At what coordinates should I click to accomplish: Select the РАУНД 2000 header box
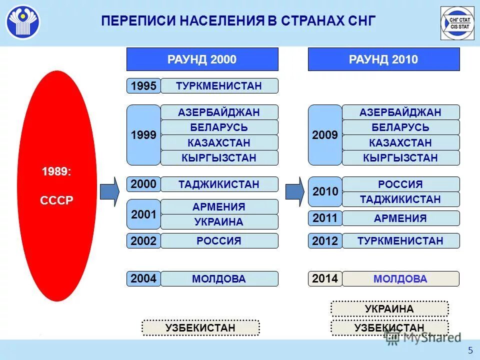202,59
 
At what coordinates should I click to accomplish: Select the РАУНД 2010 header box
383,59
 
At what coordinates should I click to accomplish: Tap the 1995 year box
143,86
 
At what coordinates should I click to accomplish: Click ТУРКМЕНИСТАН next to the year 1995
219,86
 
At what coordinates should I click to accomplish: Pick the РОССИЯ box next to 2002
219,241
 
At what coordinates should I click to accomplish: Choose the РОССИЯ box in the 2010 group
400,184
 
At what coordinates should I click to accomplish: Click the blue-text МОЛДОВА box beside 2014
400,279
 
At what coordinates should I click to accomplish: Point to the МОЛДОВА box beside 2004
219,279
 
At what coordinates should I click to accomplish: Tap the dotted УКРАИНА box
389,309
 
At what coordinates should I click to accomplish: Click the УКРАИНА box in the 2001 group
219,222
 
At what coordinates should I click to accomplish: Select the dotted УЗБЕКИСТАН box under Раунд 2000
200,328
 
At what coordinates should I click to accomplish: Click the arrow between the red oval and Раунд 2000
109,191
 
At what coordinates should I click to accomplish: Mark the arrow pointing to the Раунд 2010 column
295,191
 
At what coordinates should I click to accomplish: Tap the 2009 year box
325,135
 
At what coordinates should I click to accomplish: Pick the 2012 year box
325,241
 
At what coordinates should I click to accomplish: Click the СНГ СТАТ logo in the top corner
457,23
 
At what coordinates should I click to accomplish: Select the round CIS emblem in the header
23,22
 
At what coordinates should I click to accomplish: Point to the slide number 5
470,349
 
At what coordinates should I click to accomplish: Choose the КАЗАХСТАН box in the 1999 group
219,143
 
